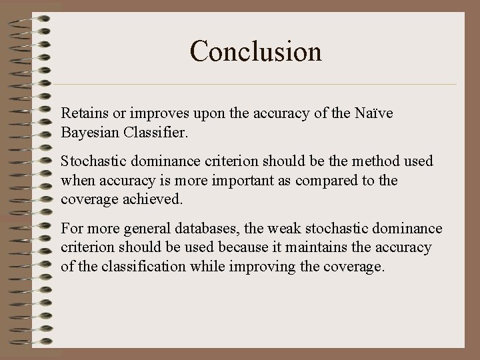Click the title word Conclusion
point(256,51)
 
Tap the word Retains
point(81,114)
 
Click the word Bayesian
point(89,132)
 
